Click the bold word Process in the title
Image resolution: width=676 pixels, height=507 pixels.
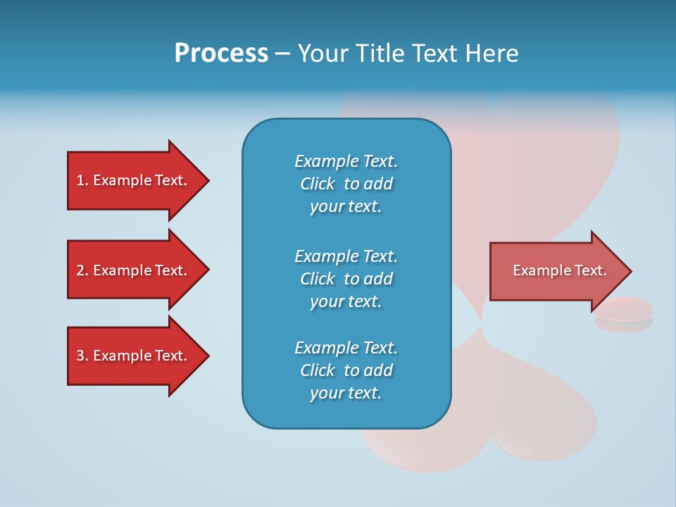pos(221,54)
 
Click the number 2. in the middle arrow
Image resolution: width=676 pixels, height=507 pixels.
pos(82,270)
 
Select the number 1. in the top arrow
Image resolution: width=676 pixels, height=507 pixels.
pos(82,180)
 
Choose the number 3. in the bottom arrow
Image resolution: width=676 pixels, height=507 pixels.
pos(82,356)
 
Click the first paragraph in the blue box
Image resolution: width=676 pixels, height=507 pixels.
pos(346,184)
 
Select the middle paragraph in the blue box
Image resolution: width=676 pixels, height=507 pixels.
pos(346,279)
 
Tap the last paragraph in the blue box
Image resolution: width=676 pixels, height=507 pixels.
pos(346,370)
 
